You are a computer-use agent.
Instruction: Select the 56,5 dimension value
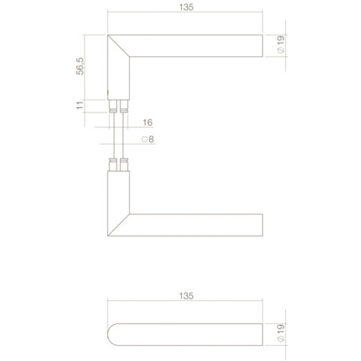point(80,66)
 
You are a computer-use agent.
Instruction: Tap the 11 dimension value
point(80,105)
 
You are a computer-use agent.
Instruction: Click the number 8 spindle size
point(152,139)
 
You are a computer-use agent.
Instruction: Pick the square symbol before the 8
point(144,139)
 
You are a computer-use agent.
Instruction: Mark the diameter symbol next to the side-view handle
point(281,340)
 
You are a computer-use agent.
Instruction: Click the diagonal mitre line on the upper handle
point(119,46)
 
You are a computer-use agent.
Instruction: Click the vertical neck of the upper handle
point(118,77)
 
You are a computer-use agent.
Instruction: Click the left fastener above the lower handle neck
point(112,165)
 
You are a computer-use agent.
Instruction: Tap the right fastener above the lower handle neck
point(124,165)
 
